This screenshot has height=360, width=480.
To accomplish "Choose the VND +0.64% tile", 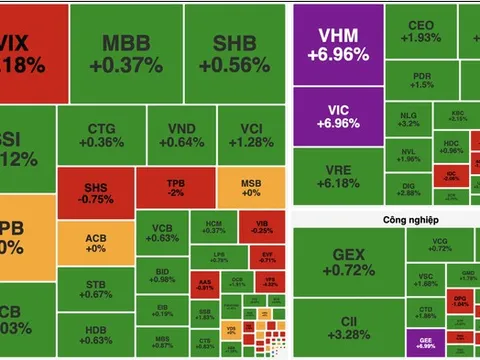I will coord(181,135).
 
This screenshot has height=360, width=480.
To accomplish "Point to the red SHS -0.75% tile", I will coord(96,190).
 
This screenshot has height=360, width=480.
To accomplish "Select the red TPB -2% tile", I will coord(175,187).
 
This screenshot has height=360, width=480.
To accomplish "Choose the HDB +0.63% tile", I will coord(96,335).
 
